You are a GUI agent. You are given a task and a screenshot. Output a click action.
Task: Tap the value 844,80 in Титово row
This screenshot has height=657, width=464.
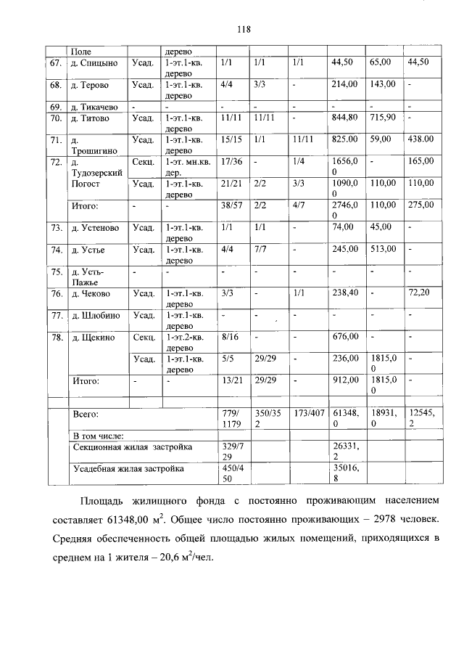(x=344, y=117)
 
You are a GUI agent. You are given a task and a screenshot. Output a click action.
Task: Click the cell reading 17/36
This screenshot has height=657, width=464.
(x=231, y=160)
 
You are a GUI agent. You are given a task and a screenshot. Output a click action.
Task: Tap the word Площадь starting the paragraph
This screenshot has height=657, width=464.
(x=102, y=501)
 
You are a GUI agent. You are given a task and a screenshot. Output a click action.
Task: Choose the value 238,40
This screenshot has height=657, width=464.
(x=344, y=294)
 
